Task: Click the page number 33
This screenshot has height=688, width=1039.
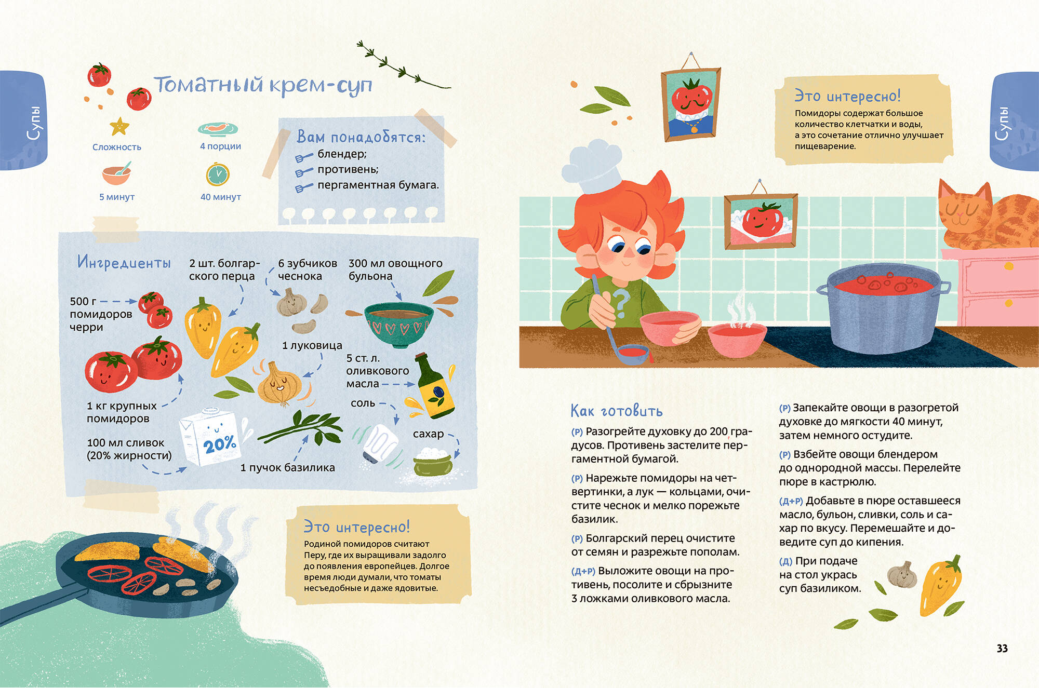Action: (x=1002, y=648)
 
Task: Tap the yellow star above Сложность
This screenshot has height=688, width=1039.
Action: (x=119, y=126)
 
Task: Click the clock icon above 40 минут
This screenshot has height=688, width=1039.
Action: (x=218, y=174)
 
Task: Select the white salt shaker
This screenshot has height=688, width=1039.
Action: (x=380, y=444)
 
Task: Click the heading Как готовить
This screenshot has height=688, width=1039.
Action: (x=617, y=411)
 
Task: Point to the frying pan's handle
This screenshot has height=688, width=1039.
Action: (x=42, y=602)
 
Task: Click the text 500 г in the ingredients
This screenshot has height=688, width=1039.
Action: (x=83, y=301)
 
